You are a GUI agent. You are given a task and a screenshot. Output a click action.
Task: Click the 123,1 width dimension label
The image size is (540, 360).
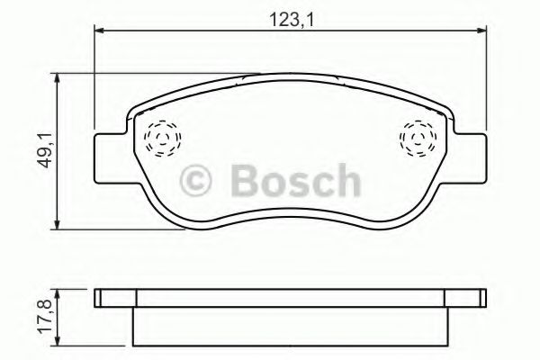tap(290, 15)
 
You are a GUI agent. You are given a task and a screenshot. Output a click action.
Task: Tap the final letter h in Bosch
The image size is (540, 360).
tap(345, 181)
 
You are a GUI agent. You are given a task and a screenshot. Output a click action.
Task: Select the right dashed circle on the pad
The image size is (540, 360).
tap(416, 139)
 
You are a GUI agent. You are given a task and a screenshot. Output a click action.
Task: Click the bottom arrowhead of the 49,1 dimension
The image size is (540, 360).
tap(58, 222)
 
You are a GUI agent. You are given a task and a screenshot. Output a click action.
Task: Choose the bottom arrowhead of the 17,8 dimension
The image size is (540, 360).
tap(58, 343)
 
